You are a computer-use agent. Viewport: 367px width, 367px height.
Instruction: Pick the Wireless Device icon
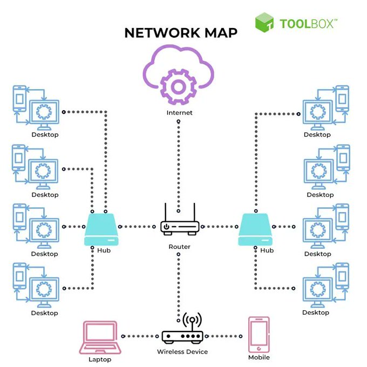(182, 332)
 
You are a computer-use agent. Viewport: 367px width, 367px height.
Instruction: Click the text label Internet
(180, 113)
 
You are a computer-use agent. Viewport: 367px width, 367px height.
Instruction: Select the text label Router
(180, 247)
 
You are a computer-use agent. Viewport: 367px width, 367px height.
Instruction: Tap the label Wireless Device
(182, 352)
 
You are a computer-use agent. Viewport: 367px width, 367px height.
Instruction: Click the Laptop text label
(100, 359)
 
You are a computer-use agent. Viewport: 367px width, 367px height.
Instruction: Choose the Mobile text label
(259, 357)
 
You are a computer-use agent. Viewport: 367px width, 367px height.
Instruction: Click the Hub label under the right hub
(267, 250)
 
